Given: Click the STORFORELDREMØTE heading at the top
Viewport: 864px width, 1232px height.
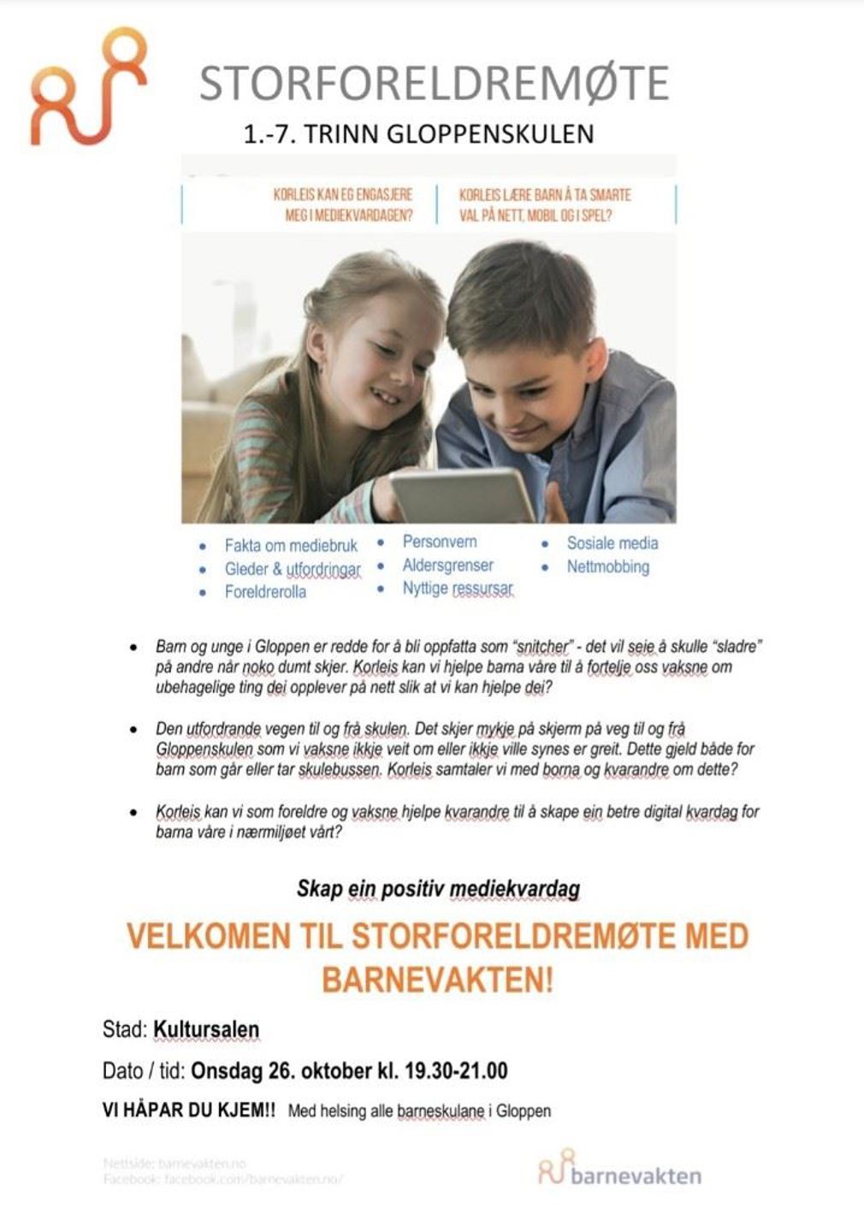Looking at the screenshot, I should click(434, 83).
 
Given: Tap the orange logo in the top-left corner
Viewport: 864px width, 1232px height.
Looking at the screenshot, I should click(88, 86).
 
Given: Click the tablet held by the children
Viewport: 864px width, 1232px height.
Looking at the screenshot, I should click(463, 495).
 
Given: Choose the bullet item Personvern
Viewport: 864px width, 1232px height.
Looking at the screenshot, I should click(440, 542).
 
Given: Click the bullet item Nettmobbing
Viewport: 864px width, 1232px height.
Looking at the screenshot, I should click(607, 566).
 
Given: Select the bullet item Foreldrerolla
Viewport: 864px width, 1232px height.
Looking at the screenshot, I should click(265, 591).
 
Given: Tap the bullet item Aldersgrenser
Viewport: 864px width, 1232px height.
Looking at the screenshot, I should click(447, 566).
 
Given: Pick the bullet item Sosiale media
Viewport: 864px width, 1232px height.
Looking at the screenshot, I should click(612, 542).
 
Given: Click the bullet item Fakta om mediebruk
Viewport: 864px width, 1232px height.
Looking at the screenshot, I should click(291, 545).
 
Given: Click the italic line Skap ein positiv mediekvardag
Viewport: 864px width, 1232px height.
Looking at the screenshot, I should click(438, 889).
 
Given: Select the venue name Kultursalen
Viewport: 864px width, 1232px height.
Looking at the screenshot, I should click(206, 1029).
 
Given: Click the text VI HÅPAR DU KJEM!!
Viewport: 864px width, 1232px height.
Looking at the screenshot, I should click(189, 1111).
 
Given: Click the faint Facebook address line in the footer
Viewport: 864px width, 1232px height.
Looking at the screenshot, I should click(222, 1179).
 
